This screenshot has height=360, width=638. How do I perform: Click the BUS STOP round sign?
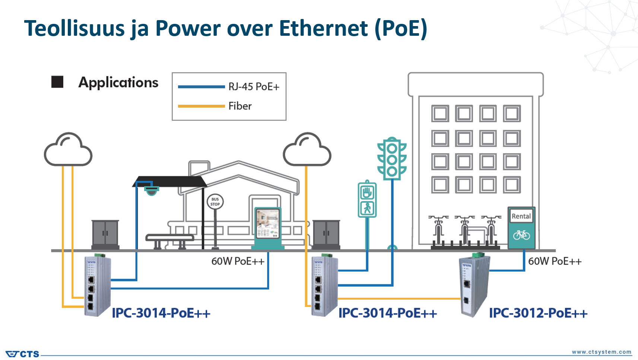(x=215, y=202)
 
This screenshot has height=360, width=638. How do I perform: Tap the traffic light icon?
(x=392, y=159)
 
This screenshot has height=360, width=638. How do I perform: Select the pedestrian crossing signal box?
(x=367, y=200)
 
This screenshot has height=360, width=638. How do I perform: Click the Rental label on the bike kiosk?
(x=521, y=216)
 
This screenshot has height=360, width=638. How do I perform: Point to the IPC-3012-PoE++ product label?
(x=538, y=313)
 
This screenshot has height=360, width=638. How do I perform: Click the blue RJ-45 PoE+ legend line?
(x=201, y=87)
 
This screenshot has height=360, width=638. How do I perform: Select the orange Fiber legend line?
(x=201, y=106)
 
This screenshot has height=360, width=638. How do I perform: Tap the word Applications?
(x=118, y=82)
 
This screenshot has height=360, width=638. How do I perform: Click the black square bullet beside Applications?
(x=57, y=82)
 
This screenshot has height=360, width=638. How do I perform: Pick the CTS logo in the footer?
(x=23, y=354)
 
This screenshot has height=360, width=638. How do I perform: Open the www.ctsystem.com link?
(x=602, y=352)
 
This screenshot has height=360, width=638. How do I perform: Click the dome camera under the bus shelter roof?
(x=151, y=191)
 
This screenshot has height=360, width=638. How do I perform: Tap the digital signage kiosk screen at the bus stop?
(x=267, y=224)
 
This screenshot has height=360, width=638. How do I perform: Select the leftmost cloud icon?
(x=68, y=150)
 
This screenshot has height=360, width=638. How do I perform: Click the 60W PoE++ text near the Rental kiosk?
(x=555, y=261)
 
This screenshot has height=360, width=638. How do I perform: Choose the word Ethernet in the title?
(x=323, y=28)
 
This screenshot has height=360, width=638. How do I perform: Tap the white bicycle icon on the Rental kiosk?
(x=521, y=235)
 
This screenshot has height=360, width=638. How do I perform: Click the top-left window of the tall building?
(x=440, y=113)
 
